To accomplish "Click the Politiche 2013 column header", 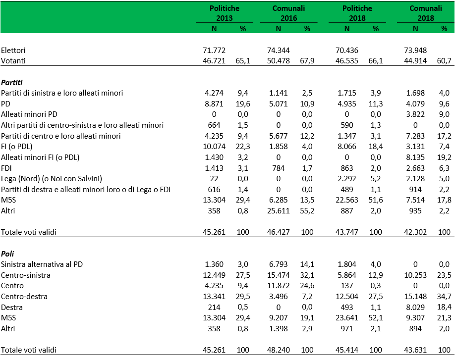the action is [x=225, y=13].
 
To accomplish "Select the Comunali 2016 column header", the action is [x=289, y=13].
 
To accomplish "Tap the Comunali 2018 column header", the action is [x=426, y=13].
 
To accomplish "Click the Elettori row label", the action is [x=13, y=51].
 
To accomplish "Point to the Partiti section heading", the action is [x=11, y=83].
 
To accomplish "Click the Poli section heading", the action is [x=7, y=254].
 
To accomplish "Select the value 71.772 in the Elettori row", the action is [x=214, y=51].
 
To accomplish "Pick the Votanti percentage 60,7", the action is [x=444, y=61].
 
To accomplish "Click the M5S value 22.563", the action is [x=347, y=200].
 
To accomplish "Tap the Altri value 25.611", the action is [x=278, y=211].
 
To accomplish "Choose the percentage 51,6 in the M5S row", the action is [x=376, y=200].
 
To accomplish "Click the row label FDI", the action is [x=6, y=168].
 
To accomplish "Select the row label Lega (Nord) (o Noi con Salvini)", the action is [x=52, y=179].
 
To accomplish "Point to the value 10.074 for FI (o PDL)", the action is [x=214, y=147].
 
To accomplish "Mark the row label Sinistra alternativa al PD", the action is [x=42, y=264].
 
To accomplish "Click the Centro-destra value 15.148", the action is [x=415, y=297].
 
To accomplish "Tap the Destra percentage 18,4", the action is [x=444, y=307].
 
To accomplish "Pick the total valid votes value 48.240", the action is [x=278, y=350].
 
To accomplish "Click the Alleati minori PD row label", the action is [x=29, y=114].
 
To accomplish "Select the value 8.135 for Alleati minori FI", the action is [x=415, y=157].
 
